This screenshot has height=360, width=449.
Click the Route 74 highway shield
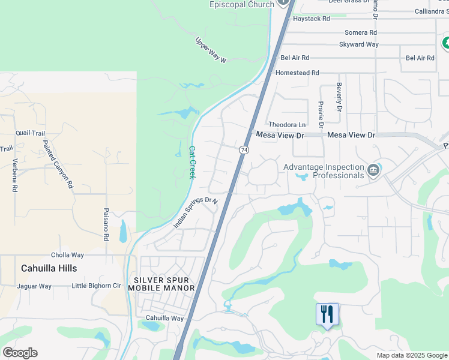244,149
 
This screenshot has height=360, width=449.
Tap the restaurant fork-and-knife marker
327,314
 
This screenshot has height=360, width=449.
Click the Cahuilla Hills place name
49,268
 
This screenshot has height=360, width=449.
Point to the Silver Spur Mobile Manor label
164,284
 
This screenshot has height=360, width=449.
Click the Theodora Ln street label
287,125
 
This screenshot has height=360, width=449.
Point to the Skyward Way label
359,44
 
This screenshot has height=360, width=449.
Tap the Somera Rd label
361,32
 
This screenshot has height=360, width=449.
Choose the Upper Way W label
211,50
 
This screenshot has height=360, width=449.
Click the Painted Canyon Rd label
58,164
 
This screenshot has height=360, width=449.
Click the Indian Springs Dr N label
195,212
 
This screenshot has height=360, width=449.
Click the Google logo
20,353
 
